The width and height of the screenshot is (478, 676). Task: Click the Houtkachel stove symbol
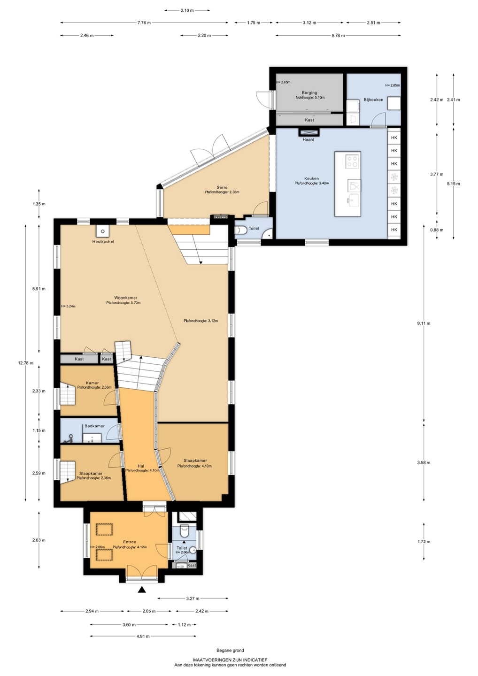pos(103,231)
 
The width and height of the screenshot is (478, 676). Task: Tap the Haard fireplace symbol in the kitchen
pos(308,132)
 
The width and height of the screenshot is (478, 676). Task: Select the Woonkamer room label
pos(125,298)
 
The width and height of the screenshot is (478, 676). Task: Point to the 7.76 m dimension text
pos(144,23)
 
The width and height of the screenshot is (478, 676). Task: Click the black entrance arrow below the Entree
pos(142,590)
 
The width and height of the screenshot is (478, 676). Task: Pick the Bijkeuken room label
pos(373,100)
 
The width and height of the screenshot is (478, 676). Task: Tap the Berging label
pos(309,92)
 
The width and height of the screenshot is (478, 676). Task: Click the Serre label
pos(222,187)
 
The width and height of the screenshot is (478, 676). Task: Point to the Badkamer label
pos(94,426)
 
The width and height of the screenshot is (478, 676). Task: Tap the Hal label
pos(140,466)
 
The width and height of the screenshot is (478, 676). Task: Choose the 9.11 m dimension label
pos(424,323)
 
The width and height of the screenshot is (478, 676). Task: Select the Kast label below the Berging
pos(309,120)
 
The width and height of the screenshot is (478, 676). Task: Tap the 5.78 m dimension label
pos(338,35)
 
